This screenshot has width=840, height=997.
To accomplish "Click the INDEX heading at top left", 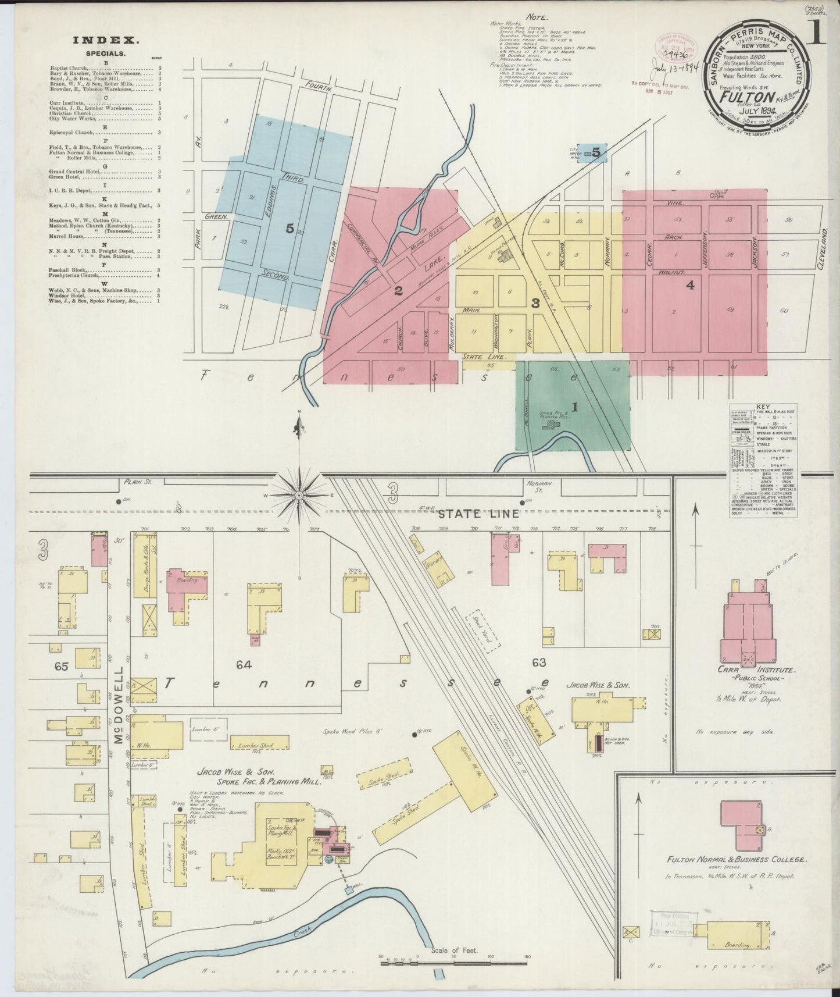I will tap(105, 40).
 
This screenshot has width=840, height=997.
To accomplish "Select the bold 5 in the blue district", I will tap(289, 229).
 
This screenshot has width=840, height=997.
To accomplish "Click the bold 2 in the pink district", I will tap(398, 291).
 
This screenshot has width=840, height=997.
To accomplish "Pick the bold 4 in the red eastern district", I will tap(690, 285).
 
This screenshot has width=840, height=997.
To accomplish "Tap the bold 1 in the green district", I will tap(574, 407).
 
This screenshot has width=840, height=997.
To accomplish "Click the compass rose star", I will tap(298, 495).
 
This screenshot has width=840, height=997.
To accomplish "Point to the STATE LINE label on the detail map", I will tap(467, 514).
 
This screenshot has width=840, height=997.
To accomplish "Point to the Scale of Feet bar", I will tap(453, 963).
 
